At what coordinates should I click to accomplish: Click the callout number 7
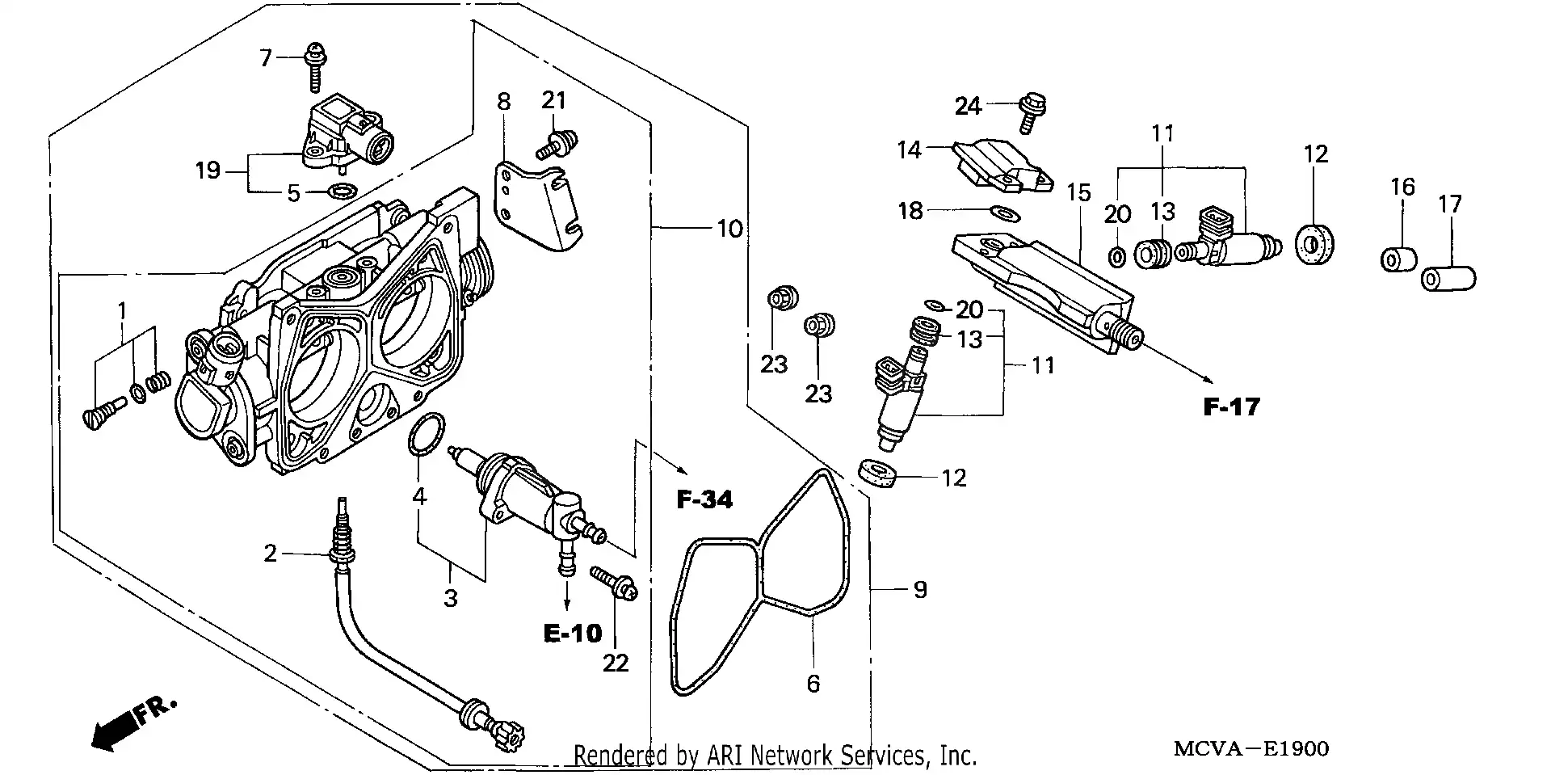click(265, 57)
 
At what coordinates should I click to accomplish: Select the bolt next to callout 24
click(1032, 112)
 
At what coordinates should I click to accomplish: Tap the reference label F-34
click(704, 500)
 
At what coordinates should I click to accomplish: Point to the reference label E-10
click(573, 633)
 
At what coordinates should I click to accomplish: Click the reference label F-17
click(1231, 406)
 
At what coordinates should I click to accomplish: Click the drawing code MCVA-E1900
click(1250, 749)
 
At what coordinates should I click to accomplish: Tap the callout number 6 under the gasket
click(813, 684)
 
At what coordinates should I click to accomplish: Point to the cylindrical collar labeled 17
click(1448, 280)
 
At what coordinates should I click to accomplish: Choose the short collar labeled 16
click(1398, 260)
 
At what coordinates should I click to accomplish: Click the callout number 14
click(909, 150)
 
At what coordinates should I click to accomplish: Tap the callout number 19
click(208, 171)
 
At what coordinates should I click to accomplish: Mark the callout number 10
click(729, 229)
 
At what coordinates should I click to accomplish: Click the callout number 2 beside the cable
click(270, 553)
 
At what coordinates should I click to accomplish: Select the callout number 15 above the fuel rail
click(1078, 192)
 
